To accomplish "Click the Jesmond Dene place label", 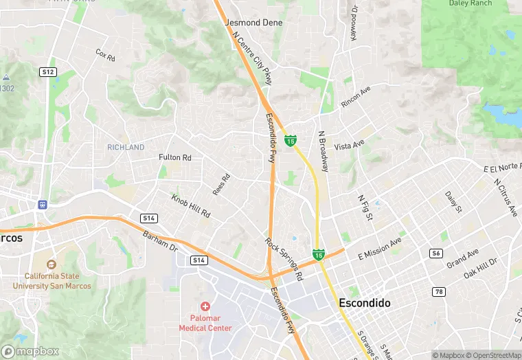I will pyautogui.click(x=253, y=23).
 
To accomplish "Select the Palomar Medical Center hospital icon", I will pyautogui.click(x=205, y=306).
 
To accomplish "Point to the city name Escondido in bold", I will pyautogui.click(x=365, y=303).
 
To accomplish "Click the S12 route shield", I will pyautogui.click(x=47, y=71).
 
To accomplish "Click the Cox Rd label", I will pyautogui.click(x=104, y=54).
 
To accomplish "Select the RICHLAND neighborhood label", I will pyautogui.click(x=126, y=147).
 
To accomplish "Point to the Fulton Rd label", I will pyautogui.click(x=174, y=157).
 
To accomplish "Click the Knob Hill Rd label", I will pyautogui.click(x=190, y=206).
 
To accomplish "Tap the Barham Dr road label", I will pyautogui.click(x=160, y=241).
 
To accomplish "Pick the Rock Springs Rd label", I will pyautogui.click(x=284, y=260).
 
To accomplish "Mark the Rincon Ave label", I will pyautogui.click(x=356, y=97).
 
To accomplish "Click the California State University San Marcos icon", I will pyautogui.click(x=51, y=265).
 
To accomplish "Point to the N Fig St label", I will pyautogui.click(x=365, y=208).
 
